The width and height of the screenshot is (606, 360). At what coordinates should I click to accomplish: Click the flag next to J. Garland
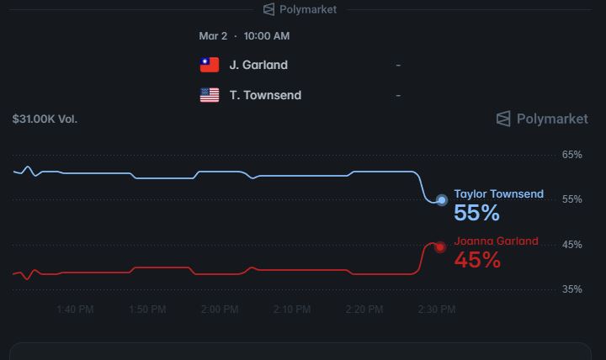tap(210, 65)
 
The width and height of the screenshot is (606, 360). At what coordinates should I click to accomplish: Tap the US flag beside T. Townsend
tap(210, 95)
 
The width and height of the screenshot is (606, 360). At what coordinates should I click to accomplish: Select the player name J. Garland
tap(258, 65)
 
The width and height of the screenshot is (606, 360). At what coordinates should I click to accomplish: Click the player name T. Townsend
tap(265, 95)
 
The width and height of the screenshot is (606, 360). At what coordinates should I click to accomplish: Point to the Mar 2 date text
tap(213, 36)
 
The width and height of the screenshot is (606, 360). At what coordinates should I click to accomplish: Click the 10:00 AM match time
tap(267, 36)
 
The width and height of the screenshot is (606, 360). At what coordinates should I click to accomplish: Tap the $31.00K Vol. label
tap(45, 119)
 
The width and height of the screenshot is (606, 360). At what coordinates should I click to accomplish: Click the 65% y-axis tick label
tap(572, 155)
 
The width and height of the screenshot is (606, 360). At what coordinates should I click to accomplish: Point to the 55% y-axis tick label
tap(572, 199)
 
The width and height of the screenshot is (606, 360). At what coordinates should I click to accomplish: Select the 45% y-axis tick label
tap(572, 245)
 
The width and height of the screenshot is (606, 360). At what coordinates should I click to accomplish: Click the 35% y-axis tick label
tap(572, 289)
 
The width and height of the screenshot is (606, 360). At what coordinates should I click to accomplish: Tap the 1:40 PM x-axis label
tap(75, 310)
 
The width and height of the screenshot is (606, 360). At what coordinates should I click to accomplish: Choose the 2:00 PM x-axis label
tap(220, 310)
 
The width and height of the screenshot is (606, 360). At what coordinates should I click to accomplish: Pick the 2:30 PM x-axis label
tap(436, 310)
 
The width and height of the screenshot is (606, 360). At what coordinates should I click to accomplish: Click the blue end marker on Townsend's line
tap(442, 200)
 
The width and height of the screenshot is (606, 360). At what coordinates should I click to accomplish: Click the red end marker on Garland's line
tap(440, 247)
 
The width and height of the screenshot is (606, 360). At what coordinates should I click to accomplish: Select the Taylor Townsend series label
tap(499, 193)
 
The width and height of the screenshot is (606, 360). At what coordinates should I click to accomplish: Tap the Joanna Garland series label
tap(497, 241)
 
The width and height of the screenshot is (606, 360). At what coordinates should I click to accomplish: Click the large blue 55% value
tap(477, 214)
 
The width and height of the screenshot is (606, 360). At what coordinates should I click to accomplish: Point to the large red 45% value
tap(477, 261)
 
